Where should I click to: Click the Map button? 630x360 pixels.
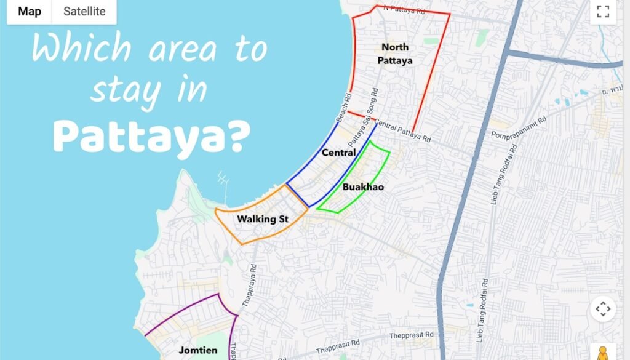point(29,12)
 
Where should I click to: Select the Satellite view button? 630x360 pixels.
point(84,12)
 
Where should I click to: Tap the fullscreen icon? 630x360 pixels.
point(603,11)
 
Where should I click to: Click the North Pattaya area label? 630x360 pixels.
point(396,54)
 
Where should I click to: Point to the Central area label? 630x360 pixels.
point(339,152)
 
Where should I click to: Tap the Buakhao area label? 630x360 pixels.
point(363,186)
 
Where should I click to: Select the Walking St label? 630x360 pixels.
point(263,219)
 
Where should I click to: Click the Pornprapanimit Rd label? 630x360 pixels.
point(518,127)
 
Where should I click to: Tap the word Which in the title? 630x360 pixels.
point(73,48)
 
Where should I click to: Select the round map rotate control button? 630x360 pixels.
point(603,309)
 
